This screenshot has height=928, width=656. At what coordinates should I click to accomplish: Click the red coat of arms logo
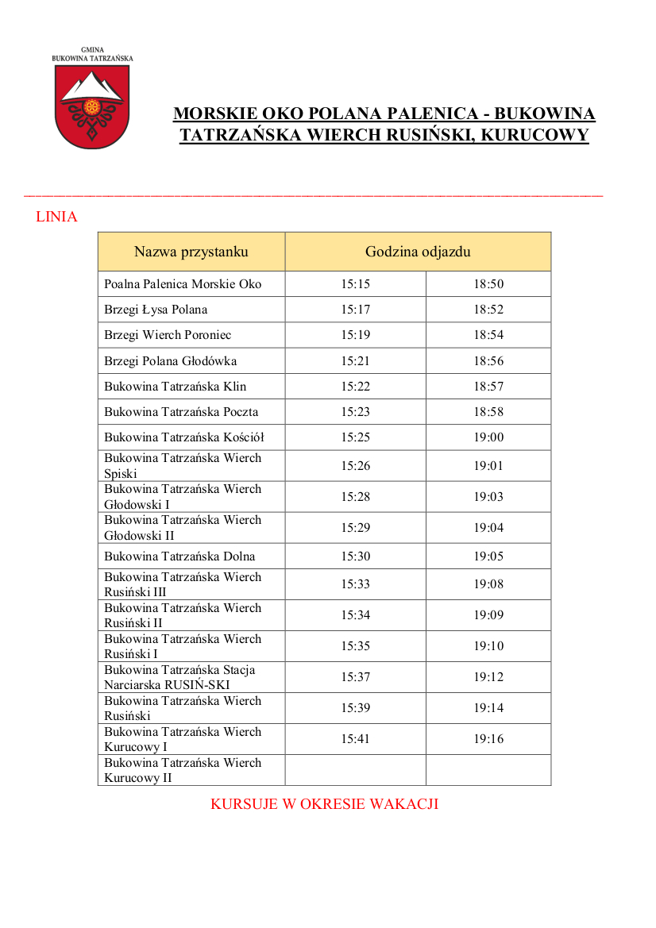[x=92, y=106]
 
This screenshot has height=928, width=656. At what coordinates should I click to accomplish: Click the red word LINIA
[x=56, y=217]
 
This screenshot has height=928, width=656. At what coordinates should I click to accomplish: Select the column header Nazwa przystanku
[x=191, y=252]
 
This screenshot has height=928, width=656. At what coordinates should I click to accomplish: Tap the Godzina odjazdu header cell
[x=418, y=252]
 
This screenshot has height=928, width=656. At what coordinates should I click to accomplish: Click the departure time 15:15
[x=356, y=284]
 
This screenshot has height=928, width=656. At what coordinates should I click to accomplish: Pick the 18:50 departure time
[x=488, y=284]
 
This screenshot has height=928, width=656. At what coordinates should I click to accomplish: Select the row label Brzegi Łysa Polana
[x=156, y=310]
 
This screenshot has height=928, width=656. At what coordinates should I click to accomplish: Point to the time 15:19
[x=356, y=335]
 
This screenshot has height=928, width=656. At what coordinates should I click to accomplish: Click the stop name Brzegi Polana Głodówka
[x=170, y=361]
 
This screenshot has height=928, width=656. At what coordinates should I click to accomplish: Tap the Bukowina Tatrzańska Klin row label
[x=175, y=387]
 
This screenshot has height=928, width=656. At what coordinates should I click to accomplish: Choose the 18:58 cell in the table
[x=488, y=412]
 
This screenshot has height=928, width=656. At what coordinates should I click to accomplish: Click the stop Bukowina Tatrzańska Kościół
[x=183, y=437]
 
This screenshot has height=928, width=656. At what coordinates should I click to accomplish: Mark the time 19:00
[x=488, y=437]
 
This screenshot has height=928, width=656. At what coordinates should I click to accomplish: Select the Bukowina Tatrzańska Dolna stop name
[x=179, y=556]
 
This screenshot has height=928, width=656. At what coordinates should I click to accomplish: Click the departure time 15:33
[x=356, y=584]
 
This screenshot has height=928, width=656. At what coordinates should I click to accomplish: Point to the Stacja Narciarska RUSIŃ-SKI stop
[x=179, y=677]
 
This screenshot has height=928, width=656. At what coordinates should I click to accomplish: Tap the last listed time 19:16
[x=488, y=739]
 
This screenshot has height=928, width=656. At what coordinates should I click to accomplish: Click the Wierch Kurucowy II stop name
[x=182, y=770]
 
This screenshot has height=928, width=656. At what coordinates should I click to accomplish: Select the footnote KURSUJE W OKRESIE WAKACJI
[x=324, y=804]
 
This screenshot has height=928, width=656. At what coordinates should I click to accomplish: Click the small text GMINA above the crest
[x=92, y=50]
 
